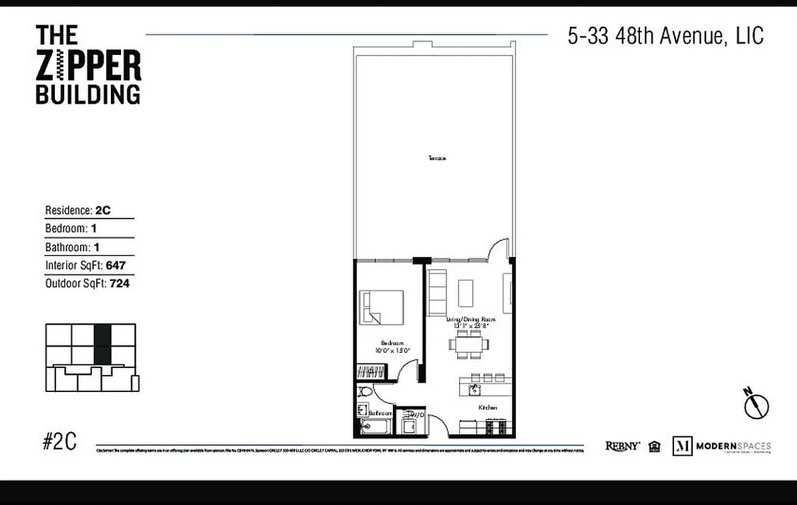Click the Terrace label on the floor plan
tap(437, 158)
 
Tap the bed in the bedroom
tap(381, 307)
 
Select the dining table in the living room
tap(468, 345)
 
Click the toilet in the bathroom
tap(364, 391)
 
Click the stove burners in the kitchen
tap(496, 428)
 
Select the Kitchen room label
tap(487, 408)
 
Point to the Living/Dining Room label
tap(471, 319)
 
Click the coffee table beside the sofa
tap(466, 293)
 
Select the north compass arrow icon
tap(755, 404)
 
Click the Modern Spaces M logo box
tap(682, 446)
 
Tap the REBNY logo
tap(622, 446)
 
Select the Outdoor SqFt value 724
tap(119, 284)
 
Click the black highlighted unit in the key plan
tap(102, 344)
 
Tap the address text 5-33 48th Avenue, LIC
tap(665, 36)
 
